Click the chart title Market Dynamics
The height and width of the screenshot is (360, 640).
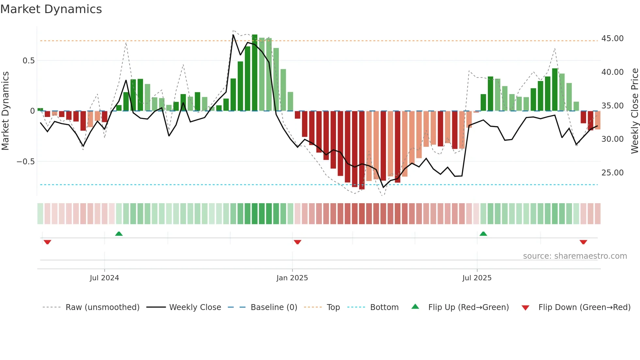point(51,9)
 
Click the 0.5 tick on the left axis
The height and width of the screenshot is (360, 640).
point(28,61)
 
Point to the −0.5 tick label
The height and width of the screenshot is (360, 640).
point(25,162)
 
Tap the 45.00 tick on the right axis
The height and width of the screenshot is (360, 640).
point(612,39)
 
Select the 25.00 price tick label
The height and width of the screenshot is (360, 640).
point(612,173)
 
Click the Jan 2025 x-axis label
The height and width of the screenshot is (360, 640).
point(292,278)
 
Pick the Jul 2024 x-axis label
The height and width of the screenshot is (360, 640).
point(104,278)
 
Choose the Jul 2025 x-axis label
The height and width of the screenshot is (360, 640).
point(477,278)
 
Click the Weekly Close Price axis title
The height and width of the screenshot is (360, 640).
point(634,111)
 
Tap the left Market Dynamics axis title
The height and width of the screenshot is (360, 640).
point(5,111)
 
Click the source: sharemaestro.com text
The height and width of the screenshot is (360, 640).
point(575,256)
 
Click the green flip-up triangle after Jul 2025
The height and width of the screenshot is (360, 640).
point(483,234)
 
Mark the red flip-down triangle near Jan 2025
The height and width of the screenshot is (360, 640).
point(297,242)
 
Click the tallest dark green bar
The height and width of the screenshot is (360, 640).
point(255,73)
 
